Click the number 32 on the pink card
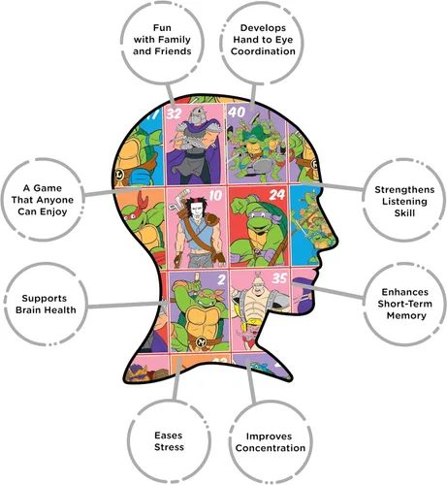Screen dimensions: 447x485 (x=174, y=113)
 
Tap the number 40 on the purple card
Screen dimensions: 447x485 (x=237, y=112)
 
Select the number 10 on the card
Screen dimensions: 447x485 (x=215, y=195)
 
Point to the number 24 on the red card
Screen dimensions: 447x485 (x=277, y=194)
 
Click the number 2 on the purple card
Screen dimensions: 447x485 (x=221, y=279)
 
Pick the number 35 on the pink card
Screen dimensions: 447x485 (x=279, y=278)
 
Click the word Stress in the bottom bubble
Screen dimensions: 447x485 (x=169, y=447)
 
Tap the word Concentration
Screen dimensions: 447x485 (x=271, y=448)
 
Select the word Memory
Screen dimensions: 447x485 (x=406, y=315)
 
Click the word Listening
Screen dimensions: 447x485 (x=404, y=202)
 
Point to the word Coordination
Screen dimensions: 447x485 (x=263, y=51)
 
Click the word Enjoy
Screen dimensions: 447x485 (x=55, y=212)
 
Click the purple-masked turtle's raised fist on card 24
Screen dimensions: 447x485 (x=239, y=205)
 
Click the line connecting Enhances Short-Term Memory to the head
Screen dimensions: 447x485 (x=328, y=290)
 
